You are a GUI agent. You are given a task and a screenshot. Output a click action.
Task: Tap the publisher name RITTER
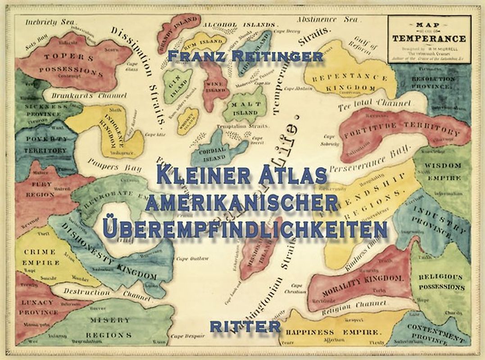[245, 326]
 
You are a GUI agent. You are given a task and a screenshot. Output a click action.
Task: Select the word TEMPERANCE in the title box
[429, 38]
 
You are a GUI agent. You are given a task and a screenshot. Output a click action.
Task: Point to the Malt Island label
[245, 108]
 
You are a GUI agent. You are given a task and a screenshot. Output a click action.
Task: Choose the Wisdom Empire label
[443, 171]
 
